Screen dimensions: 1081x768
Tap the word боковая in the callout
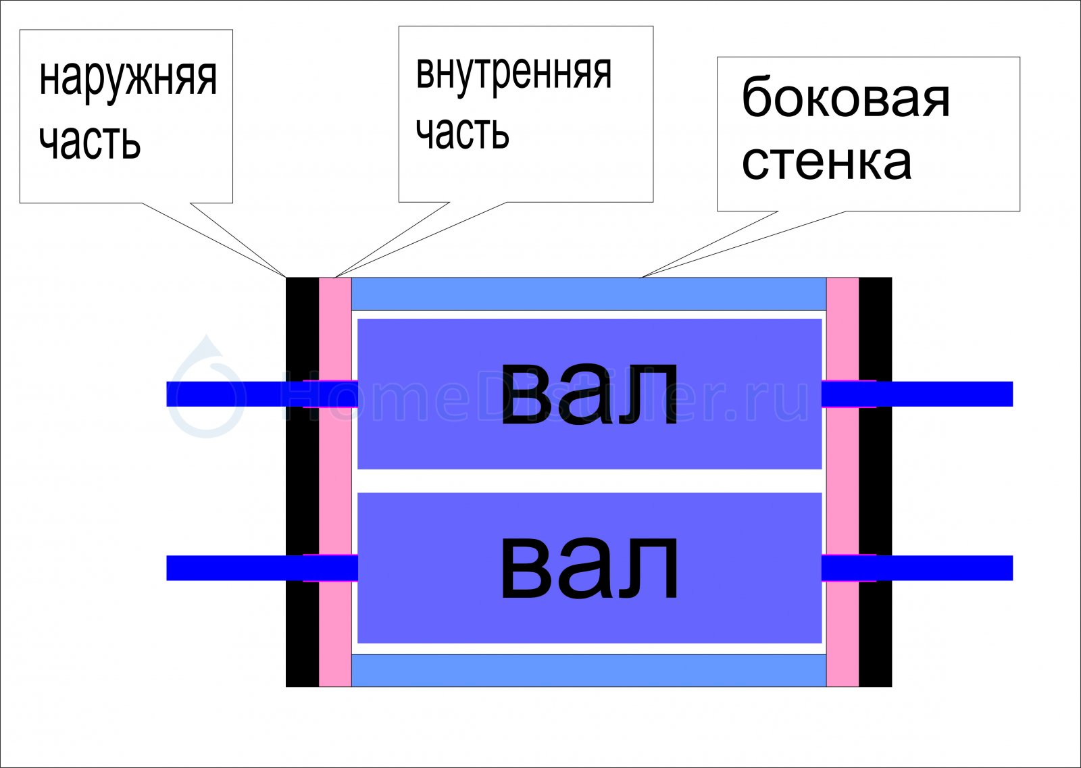[845, 97]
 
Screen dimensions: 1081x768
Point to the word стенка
[826, 162]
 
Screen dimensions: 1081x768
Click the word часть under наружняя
[90, 143]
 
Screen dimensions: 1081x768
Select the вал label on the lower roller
[589, 569]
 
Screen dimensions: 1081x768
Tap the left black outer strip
[303, 482]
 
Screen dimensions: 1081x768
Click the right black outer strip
[876, 482]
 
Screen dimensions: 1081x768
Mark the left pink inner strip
[335, 482]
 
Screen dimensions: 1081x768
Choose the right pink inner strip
[843, 482]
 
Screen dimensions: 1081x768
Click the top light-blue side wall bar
[588, 294]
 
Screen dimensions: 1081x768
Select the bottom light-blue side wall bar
[588, 671]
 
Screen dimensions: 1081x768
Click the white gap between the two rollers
[589, 481]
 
